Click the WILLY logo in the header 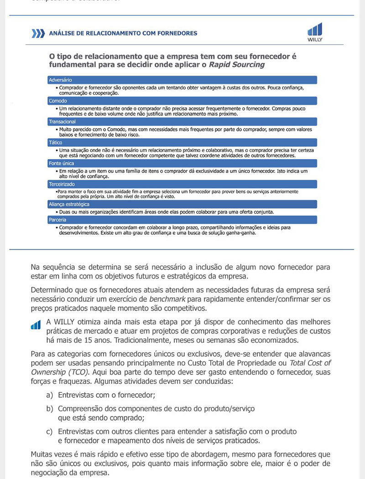(x=315, y=32)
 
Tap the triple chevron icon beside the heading (x=38, y=33)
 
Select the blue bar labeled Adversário (x=182, y=80)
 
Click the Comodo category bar (x=182, y=101)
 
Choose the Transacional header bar (x=182, y=122)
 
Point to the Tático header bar (x=182, y=143)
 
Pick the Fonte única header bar (x=182, y=163)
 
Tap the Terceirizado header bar (x=182, y=184)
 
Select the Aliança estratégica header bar (x=182, y=205)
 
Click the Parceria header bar (x=182, y=220)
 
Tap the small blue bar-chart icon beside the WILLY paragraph (x=36, y=324)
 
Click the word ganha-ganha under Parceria (x=243, y=233)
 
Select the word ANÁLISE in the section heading (x=61, y=33)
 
